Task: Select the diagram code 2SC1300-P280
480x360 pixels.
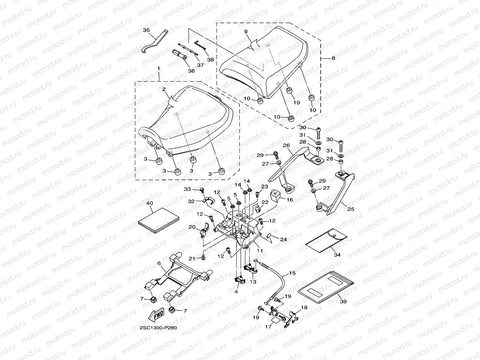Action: pyautogui.click(x=158, y=328)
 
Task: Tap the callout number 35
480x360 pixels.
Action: pyautogui.click(x=146, y=30)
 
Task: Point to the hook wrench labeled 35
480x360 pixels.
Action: pyautogui.click(x=155, y=41)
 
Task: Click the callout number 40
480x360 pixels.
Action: pyautogui.click(x=149, y=203)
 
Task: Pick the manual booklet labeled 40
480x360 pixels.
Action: pyautogui.click(x=159, y=220)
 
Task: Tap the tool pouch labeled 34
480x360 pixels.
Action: pyautogui.click(x=326, y=240)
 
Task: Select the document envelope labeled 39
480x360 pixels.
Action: pyautogui.click(x=326, y=287)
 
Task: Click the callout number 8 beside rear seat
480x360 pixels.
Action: pyautogui.click(x=333, y=58)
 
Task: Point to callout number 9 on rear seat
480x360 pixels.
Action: pyautogui.click(x=246, y=32)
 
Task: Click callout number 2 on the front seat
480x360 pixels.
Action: pyautogui.click(x=164, y=89)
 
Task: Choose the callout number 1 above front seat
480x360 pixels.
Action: pyautogui.click(x=159, y=69)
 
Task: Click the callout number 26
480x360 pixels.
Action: pyautogui.click(x=286, y=145)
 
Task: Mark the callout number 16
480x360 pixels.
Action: pyautogui.click(x=290, y=200)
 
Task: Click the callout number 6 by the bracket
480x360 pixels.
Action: pyautogui.click(x=159, y=263)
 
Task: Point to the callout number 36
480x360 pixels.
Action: pyautogui.click(x=191, y=71)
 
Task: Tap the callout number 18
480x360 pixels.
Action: pyautogui.click(x=304, y=308)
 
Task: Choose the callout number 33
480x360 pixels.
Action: pyautogui.click(x=187, y=189)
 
